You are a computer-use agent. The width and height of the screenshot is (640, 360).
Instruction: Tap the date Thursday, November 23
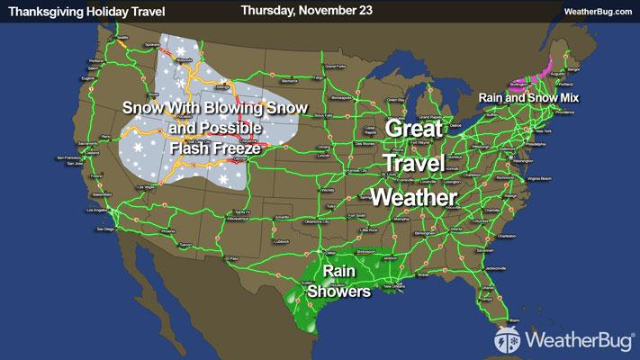301,10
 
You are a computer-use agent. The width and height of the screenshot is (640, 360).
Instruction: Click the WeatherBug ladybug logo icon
507,338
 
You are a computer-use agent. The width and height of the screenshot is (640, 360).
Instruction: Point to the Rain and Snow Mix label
528,96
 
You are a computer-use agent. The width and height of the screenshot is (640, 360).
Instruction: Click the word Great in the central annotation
414,129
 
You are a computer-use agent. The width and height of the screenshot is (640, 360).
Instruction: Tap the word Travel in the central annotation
414,163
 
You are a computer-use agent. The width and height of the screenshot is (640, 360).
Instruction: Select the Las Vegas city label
145,187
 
